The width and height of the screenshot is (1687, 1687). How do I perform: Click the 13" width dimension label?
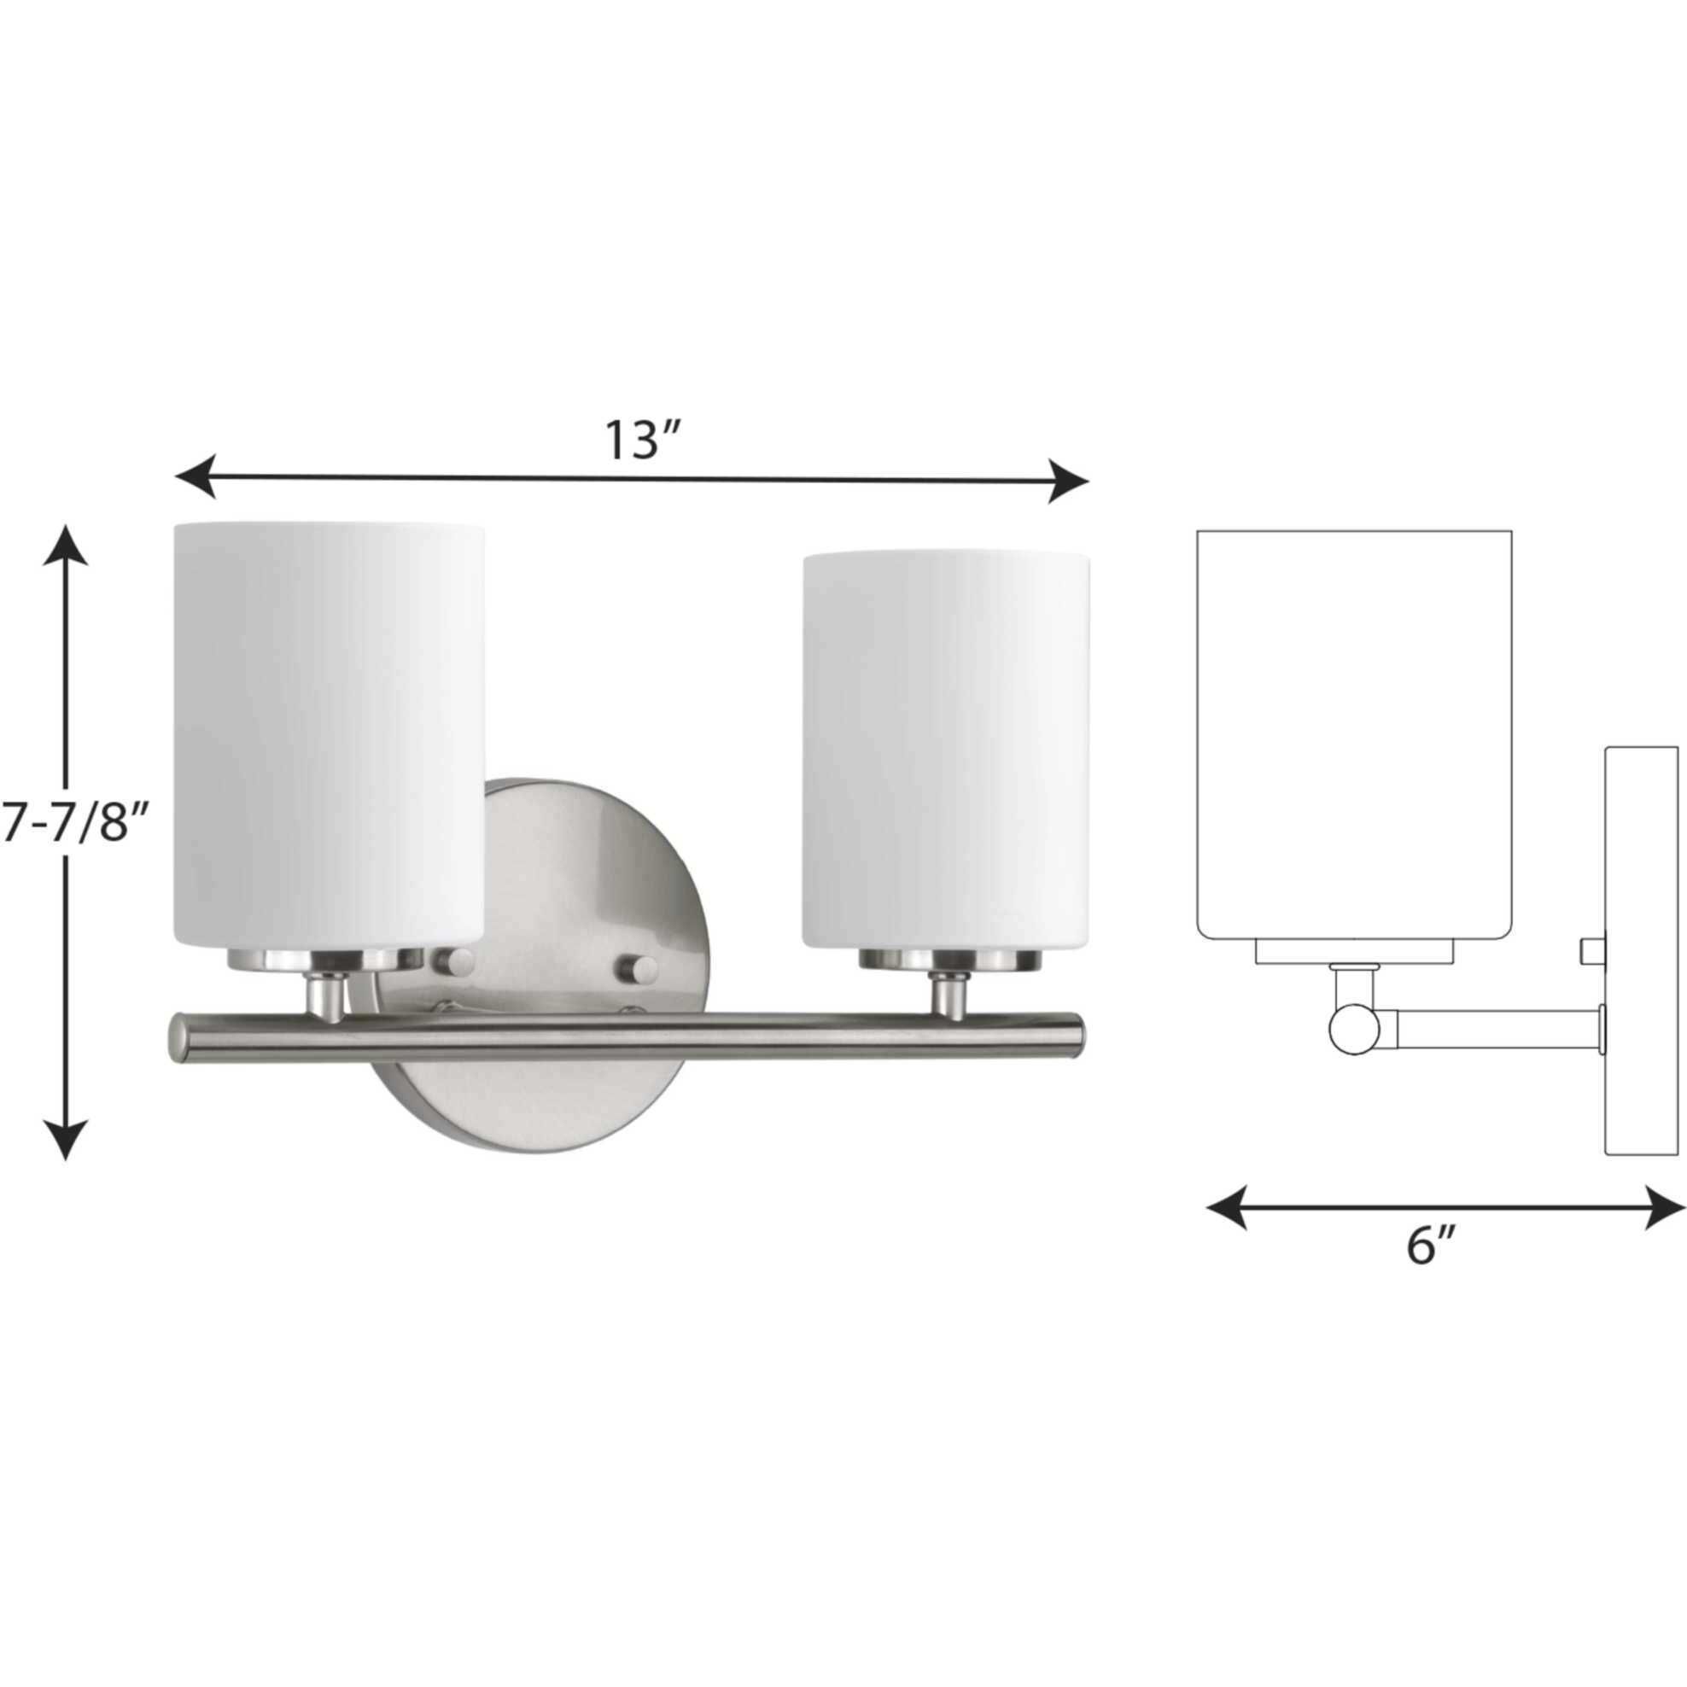point(643,442)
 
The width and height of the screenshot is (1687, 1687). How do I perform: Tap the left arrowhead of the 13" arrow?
point(195,476)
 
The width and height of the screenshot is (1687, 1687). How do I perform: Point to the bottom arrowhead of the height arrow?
point(66,1140)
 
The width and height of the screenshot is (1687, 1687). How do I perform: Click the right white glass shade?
point(947,751)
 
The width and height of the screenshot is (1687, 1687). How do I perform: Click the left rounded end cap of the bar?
point(178,1039)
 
